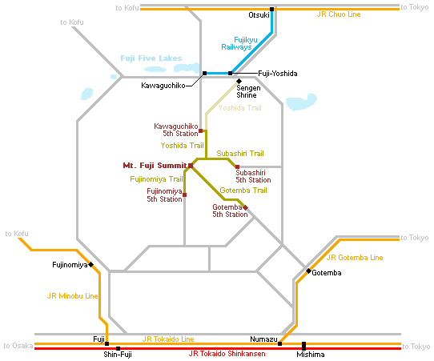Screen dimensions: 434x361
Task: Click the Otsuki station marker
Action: coord(271,9)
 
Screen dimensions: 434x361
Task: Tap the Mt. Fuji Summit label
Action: coord(155,166)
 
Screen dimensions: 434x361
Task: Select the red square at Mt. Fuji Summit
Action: coord(191,166)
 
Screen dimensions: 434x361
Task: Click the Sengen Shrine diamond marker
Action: coord(239,81)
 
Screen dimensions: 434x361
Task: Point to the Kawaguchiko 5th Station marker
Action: coord(201,130)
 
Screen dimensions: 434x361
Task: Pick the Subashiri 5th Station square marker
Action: coord(237,166)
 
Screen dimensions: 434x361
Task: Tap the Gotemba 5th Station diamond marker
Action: coord(245,207)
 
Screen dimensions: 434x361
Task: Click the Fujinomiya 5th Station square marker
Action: coord(185,195)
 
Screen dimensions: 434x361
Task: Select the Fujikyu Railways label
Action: coord(239,43)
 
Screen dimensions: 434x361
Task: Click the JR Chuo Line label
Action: coord(339,14)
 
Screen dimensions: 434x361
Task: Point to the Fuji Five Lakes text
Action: coord(151,58)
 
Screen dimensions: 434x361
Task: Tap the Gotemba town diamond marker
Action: coord(308,271)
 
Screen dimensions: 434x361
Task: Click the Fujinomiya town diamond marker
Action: coord(90,265)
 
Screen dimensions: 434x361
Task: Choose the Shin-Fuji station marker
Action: coord(118,348)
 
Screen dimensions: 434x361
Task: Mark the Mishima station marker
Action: coord(303,346)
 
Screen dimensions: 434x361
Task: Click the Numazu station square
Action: coord(279,344)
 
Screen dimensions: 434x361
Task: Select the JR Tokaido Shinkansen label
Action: coord(227,354)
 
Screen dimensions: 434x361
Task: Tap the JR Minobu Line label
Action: coord(73,296)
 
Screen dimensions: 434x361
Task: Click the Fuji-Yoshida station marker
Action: coord(230,74)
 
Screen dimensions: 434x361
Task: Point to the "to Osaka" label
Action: coord(18,346)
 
